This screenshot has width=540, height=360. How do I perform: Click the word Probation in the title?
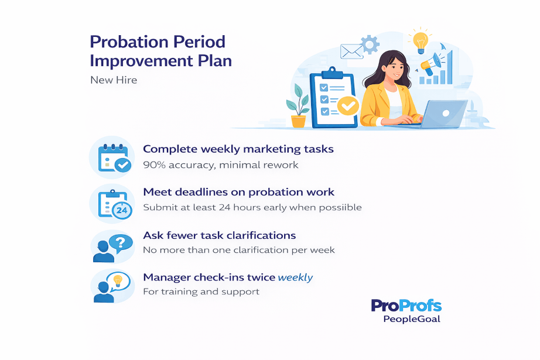point(121,42)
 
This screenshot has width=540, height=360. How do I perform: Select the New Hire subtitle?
point(114,80)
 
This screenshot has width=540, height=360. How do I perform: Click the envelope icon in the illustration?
point(352,52)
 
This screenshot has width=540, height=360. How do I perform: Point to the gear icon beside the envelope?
point(370,44)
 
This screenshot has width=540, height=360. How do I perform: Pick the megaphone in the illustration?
point(431,64)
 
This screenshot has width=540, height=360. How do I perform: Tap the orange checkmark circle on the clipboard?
point(348,106)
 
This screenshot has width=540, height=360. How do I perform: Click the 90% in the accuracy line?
point(154,165)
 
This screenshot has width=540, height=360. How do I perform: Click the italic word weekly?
point(295,277)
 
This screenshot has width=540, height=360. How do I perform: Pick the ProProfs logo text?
point(406,306)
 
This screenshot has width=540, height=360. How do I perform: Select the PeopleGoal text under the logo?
point(412,319)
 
